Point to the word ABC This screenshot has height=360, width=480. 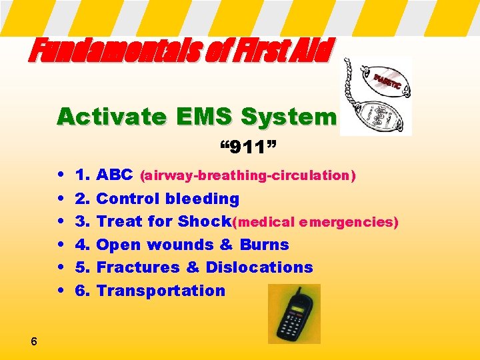115,175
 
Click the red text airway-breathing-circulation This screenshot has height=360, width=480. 247,176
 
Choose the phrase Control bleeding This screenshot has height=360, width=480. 168,199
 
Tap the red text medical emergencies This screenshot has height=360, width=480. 315,222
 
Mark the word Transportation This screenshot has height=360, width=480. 161,291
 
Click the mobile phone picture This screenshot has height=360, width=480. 294,314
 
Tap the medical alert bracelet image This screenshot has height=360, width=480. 375,96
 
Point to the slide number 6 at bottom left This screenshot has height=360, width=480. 33,342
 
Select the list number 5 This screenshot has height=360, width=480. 83,267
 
